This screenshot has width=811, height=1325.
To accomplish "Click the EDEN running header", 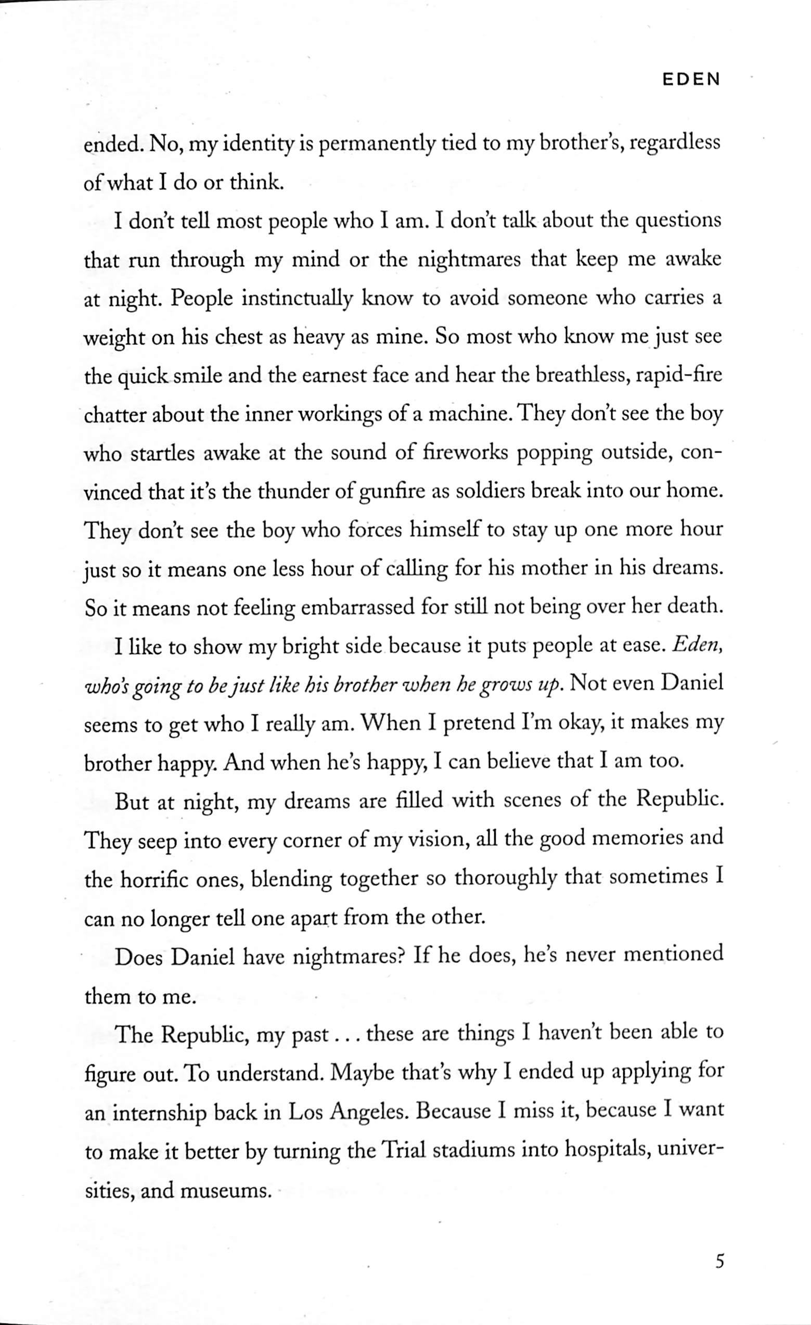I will tap(690, 80).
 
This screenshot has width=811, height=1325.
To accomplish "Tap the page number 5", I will tap(719, 1245).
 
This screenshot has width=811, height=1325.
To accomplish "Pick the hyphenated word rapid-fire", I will tap(678, 375).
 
